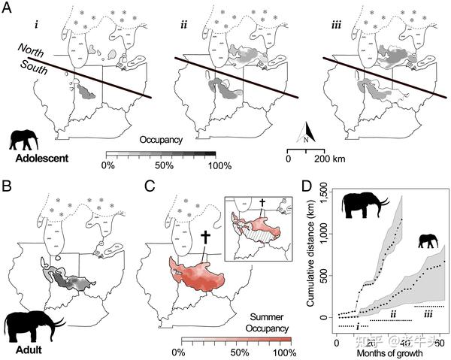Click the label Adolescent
[38, 159]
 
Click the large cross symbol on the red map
[204, 241]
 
